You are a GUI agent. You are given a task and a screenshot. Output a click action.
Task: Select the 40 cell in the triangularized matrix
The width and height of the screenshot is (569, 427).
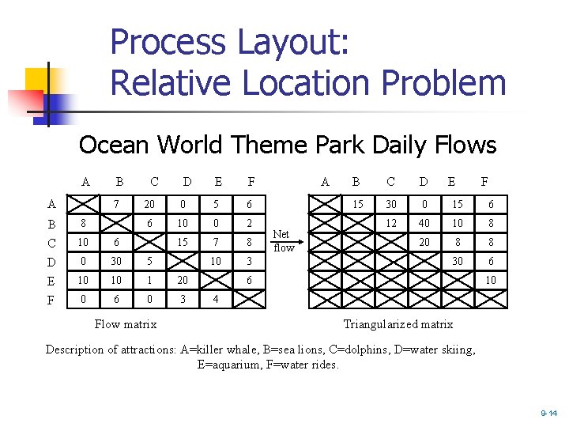(x=424, y=223)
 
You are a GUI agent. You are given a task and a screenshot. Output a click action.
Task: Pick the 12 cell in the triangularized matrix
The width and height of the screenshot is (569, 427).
(x=390, y=223)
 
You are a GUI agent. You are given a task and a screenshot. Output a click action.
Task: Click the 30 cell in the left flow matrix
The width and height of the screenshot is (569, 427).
(x=118, y=262)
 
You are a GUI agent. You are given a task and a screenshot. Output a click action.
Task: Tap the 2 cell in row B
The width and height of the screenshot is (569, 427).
(x=250, y=223)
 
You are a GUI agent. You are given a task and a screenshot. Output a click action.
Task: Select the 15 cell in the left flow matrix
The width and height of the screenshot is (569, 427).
(x=183, y=242)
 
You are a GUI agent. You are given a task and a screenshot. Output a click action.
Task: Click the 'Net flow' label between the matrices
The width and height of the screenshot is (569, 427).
(x=283, y=241)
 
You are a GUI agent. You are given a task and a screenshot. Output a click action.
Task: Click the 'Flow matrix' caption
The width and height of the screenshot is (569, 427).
(x=125, y=323)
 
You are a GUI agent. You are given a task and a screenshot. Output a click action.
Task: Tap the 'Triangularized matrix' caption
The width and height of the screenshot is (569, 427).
(x=398, y=323)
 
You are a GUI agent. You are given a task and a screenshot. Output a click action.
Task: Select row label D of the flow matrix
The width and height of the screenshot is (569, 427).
(x=51, y=262)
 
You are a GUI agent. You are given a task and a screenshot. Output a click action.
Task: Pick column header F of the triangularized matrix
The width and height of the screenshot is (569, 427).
(x=485, y=181)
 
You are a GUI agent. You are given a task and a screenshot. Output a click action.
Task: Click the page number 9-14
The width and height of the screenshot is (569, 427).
(x=548, y=413)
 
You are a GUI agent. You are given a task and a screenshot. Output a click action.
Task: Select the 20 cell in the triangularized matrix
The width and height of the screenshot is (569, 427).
(x=424, y=242)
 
